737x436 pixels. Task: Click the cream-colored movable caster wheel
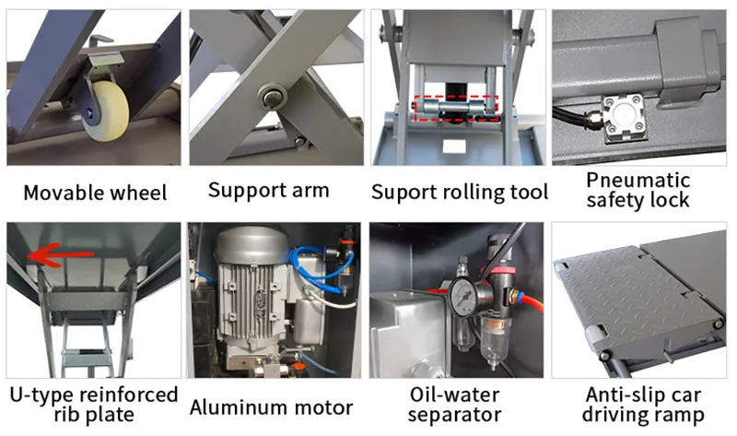(x=106, y=112)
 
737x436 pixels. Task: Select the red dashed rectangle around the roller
(x=455, y=108)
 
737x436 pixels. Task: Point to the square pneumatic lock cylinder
(x=624, y=118)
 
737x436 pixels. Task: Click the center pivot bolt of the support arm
(x=272, y=97)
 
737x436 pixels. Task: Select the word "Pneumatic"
(x=638, y=180)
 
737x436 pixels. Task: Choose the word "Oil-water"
(x=454, y=395)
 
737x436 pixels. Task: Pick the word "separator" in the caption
(x=454, y=415)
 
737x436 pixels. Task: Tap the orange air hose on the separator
(x=532, y=301)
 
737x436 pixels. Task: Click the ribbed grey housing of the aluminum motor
(x=251, y=301)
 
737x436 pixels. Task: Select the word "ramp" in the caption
(x=681, y=416)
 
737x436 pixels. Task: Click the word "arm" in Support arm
(x=310, y=191)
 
